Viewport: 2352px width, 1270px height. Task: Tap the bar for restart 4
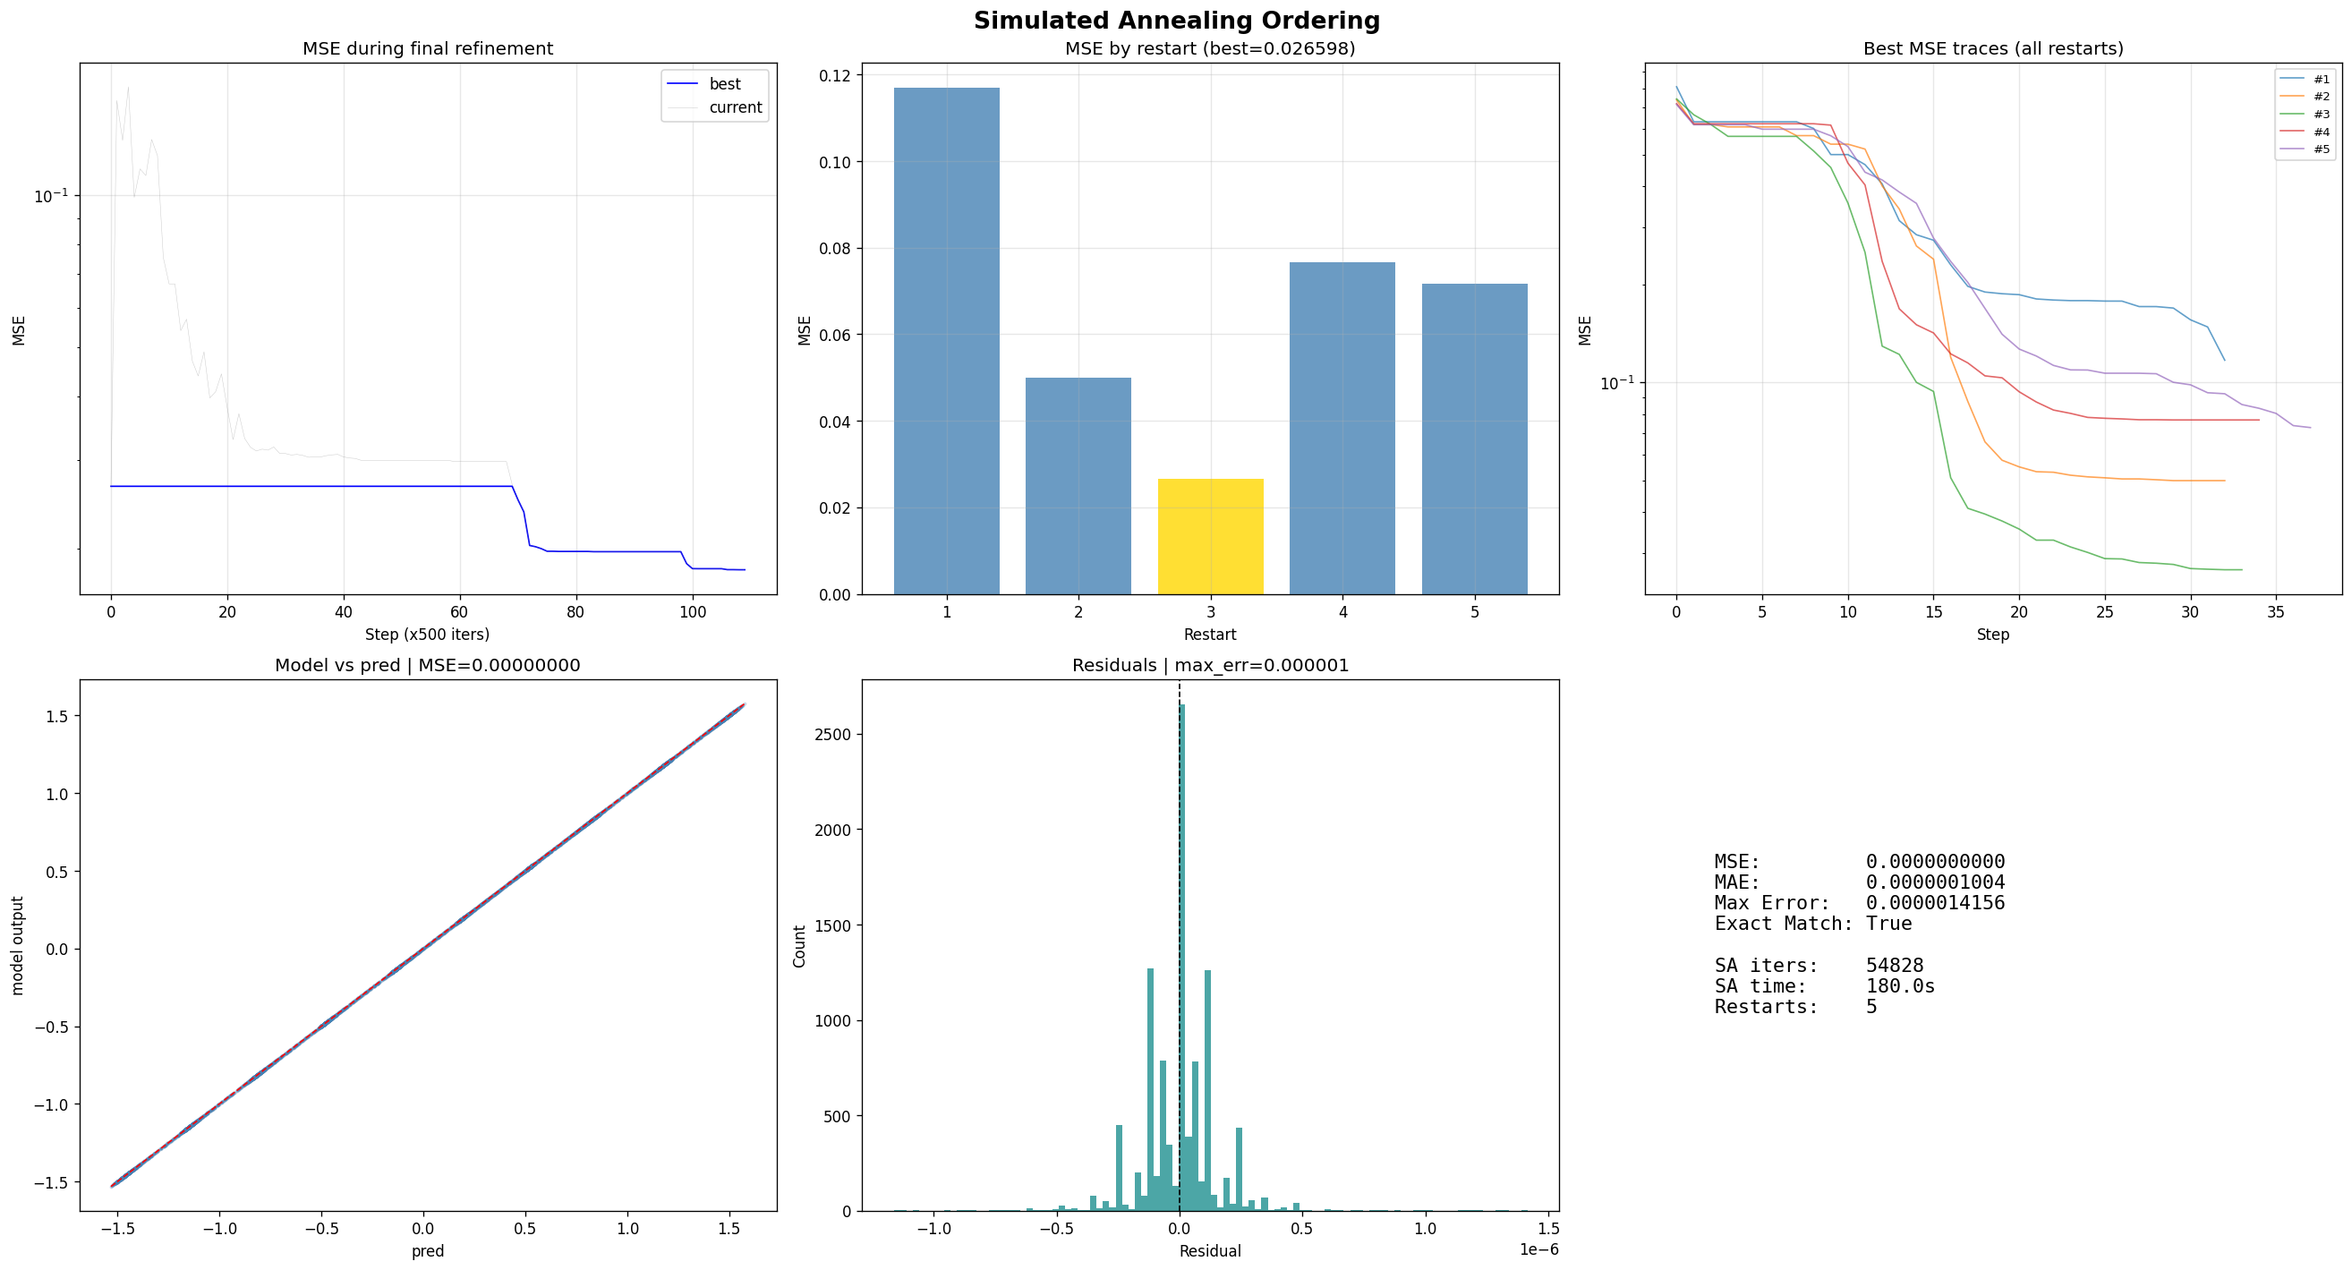(1342, 428)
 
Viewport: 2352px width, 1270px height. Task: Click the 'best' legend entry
(725, 84)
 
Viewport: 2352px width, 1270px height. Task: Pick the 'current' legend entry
(735, 107)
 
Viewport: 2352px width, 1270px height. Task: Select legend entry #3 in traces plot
(2320, 115)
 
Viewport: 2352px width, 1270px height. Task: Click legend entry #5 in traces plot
(2320, 149)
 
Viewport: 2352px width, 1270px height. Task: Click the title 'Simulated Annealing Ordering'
(1176, 21)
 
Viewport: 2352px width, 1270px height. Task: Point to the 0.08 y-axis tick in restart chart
(835, 248)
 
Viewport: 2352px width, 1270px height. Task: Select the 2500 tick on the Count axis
(832, 735)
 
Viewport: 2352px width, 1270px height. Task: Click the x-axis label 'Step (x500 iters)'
(427, 635)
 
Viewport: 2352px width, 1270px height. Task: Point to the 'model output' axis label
(18, 945)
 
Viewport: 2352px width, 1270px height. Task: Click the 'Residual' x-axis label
(1210, 1251)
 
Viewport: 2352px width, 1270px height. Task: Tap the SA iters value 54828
(1895, 966)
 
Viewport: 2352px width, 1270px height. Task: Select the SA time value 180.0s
(1900, 987)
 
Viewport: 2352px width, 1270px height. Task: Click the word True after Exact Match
(1888, 924)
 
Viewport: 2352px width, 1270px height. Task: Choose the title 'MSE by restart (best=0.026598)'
(1210, 48)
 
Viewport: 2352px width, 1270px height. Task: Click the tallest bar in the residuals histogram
(1182, 959)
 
